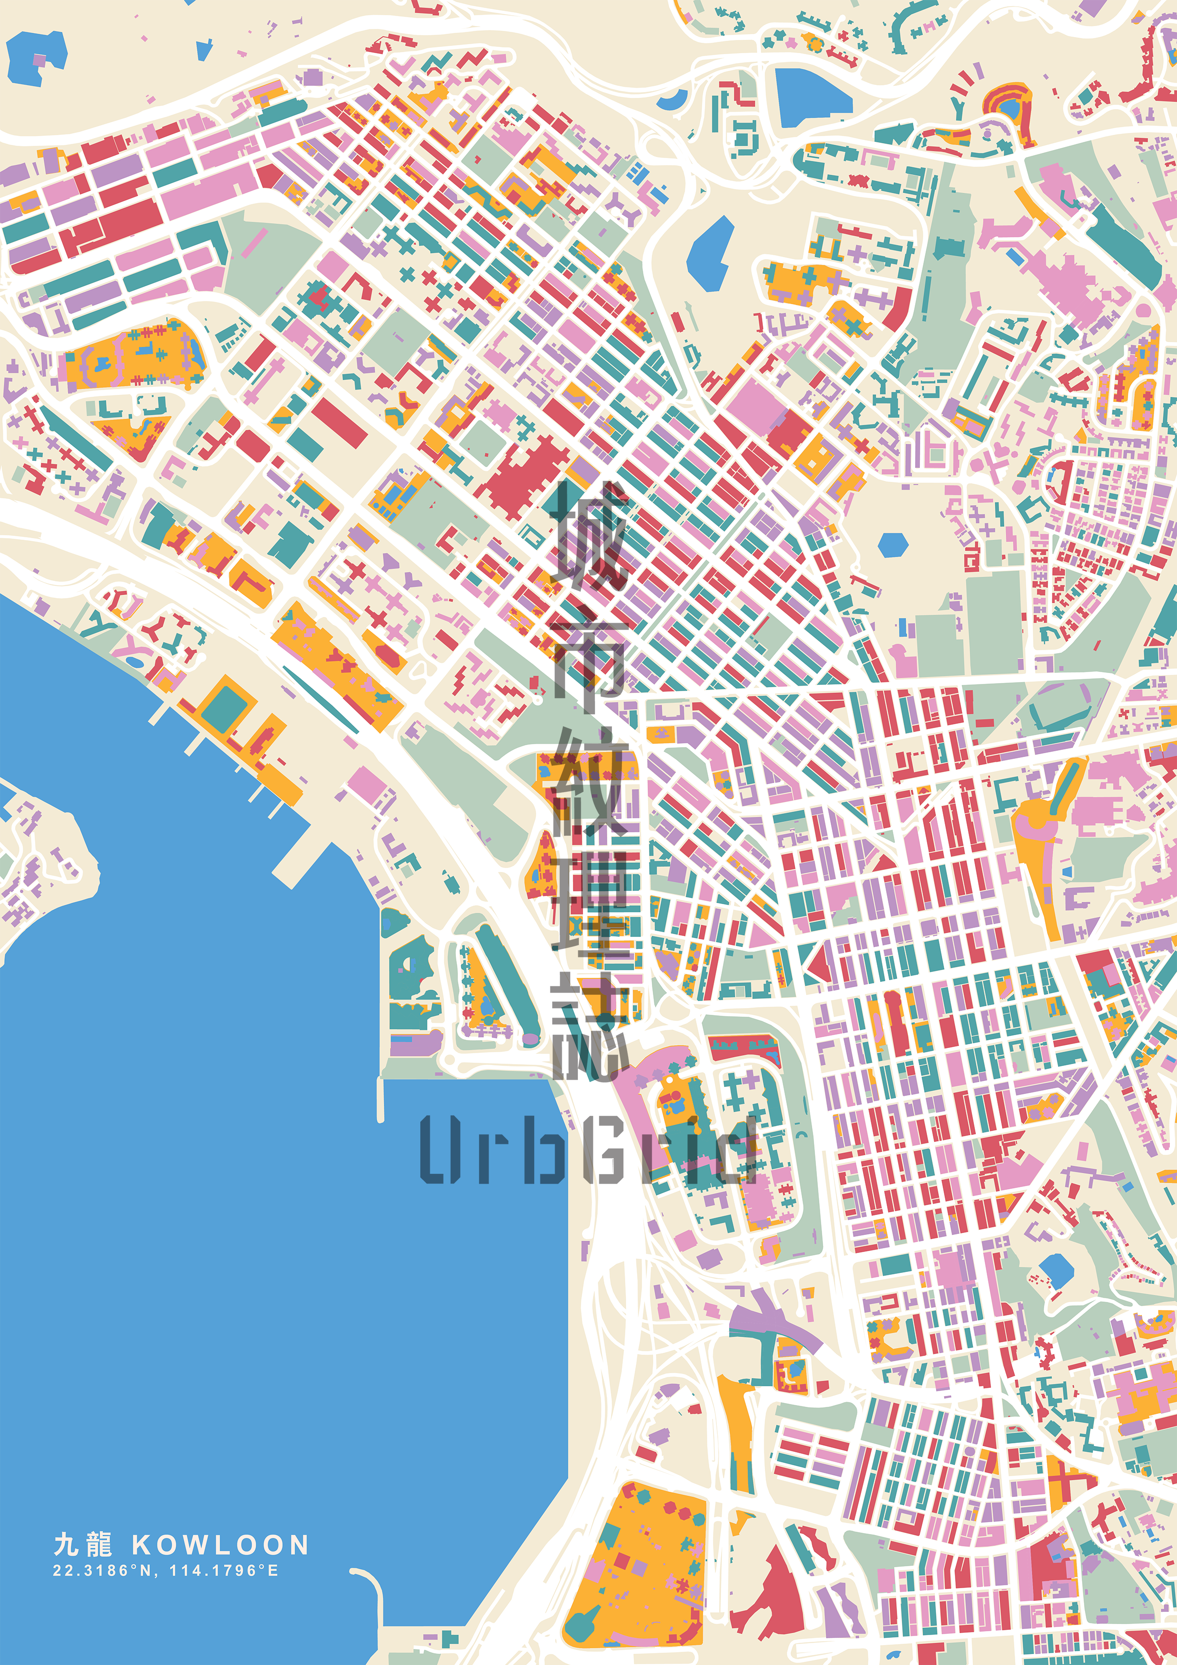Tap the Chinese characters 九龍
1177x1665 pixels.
pyautogui.click(x=83, y=1544)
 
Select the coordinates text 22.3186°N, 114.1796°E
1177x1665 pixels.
pyautogui.click(x=165, y=1571)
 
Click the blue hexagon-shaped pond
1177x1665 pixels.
pyautogui.click(x=892, y=544)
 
